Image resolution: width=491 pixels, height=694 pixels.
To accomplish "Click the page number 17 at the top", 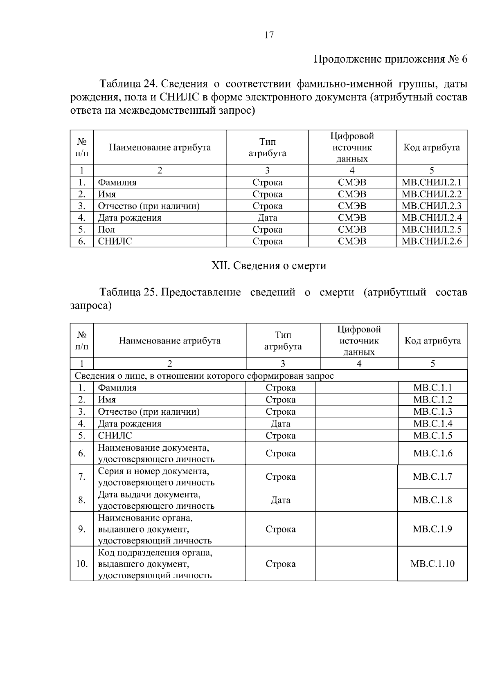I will pos(269,35).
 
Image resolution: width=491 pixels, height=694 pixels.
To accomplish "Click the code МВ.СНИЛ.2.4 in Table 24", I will pos(431,218).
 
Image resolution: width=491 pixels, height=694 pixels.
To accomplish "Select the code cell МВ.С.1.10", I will pos(432,564).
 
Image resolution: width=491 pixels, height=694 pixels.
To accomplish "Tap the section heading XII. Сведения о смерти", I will pos(268,266).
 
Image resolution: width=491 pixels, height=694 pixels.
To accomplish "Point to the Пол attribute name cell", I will pos(106,229).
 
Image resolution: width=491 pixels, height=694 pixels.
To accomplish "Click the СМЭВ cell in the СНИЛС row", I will pos(352,241).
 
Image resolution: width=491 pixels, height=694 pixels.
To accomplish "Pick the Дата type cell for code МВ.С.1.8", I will pos(280,500).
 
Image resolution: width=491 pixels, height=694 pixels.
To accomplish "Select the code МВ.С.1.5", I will pos(432,436).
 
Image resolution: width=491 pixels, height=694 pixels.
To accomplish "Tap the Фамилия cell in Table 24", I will pos(117,182).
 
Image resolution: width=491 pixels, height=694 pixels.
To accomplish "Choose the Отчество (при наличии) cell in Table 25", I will pos(149,412).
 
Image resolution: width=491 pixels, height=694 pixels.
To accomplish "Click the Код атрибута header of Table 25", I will pos(432,341).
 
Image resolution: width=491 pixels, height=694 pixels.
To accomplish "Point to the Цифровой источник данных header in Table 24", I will pos(352,147).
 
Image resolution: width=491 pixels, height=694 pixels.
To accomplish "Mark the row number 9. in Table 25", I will pos(82,529).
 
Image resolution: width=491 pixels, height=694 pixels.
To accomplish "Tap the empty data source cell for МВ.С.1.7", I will pos(356,477).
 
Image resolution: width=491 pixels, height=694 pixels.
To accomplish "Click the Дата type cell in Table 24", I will pos(267,218).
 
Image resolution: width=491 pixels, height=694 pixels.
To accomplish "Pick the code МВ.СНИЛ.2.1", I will pos(431,182).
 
